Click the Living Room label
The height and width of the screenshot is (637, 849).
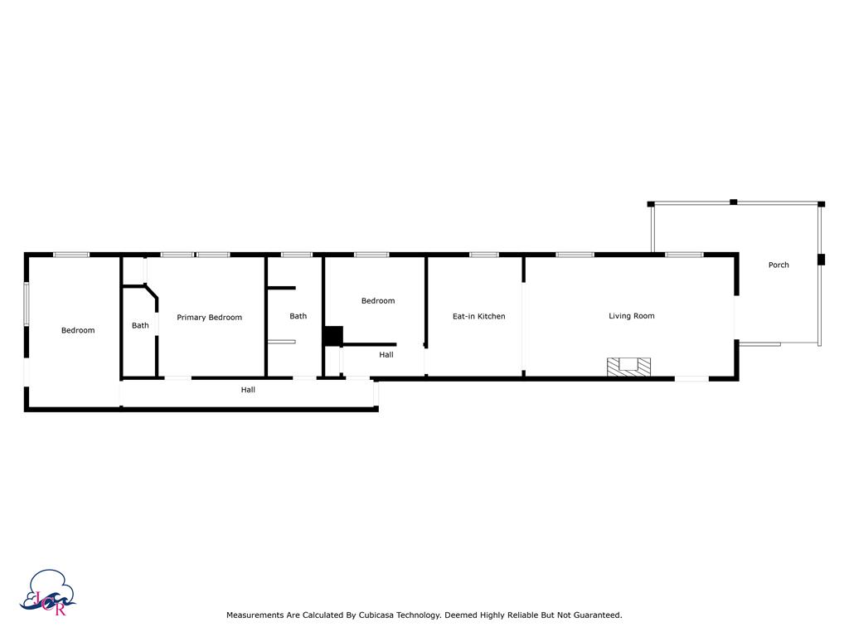[631, 316]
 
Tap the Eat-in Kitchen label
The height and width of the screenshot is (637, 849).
[478, 316]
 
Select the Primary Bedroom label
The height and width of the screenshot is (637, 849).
[210, 318]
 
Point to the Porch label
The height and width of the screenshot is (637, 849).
[779, 265]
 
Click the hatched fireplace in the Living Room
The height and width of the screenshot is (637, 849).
[628, 367]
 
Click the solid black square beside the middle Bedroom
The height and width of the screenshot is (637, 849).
[333, 336]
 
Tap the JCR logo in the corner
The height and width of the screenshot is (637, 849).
[47, 592]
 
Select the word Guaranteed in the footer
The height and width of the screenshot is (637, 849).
[597, 615]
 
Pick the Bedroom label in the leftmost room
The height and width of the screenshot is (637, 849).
[78, 330]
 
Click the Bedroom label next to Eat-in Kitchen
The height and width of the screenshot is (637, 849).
[378, 300]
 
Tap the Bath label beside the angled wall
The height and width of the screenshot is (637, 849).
[140, 325]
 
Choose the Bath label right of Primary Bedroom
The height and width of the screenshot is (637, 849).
[298, 316]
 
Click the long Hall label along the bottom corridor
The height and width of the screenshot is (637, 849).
[248, 390]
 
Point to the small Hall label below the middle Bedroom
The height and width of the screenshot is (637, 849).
[386, 355]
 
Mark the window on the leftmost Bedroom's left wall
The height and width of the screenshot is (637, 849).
[26, 304]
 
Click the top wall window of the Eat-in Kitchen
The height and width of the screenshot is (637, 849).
[484, 255]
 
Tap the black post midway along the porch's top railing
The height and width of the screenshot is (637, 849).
[733, 202]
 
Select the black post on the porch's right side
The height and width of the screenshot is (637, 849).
[821, 260]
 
